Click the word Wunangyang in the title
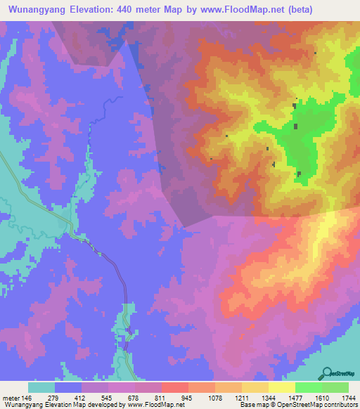pos(38,9)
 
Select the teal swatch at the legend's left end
pos(41,387)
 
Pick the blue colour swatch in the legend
pos(68,387)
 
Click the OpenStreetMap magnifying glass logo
pos(328,373)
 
